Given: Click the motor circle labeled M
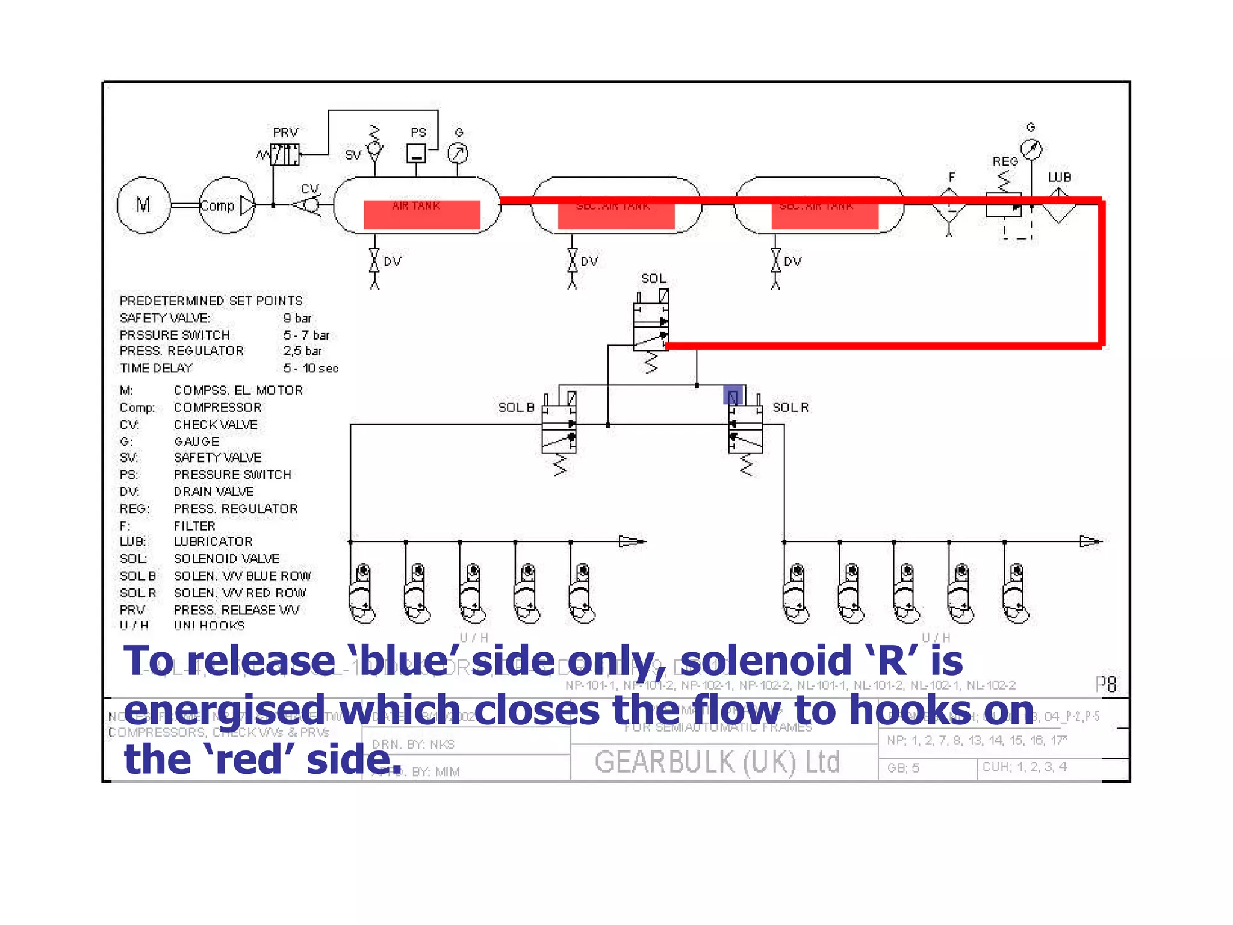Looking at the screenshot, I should [143, 205].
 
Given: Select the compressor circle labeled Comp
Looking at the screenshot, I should [226, 205].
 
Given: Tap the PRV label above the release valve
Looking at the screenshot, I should [285, 132].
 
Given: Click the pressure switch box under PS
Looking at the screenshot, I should [416, 154].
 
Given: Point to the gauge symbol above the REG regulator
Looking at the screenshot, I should [1031, 148].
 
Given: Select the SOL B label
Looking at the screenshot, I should [516, 408].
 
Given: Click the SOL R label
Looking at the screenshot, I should [790, 408].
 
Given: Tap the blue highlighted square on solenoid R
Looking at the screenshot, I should [733, 396].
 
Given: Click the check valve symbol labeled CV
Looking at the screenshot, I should [309, 205].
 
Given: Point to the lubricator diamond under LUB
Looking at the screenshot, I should [1059, 206].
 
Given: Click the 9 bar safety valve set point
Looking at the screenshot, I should [297, 318].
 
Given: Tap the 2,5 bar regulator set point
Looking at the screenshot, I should [302, 351].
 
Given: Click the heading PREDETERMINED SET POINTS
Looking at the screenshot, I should [211, 301].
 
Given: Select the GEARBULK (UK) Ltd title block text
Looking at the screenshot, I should [716, 762].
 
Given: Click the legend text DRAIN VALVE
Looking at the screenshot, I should [214, 491].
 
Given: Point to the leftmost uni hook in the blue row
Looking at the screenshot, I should [362, 594].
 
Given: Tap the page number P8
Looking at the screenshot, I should [1106, 684].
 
